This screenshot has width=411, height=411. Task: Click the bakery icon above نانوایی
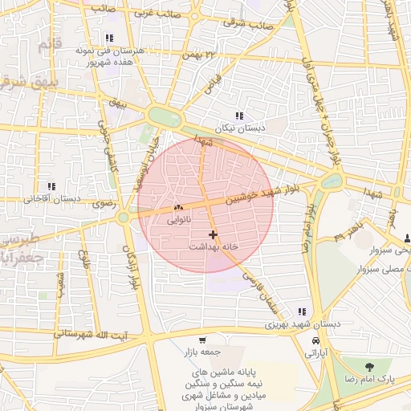point(177,207)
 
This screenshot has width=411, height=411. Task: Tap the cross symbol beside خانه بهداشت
point(212,234)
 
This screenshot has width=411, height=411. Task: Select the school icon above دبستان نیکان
point(239,116)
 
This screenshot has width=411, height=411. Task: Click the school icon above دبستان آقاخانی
point(51,186)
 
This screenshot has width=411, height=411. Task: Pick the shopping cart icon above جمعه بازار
point(202,340)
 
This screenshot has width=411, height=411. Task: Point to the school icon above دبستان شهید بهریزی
point(302,311)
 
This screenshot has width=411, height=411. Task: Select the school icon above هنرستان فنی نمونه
point(108,38)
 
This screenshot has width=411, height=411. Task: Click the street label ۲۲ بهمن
point(200,55)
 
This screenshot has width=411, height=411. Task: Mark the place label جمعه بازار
point(203,352)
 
